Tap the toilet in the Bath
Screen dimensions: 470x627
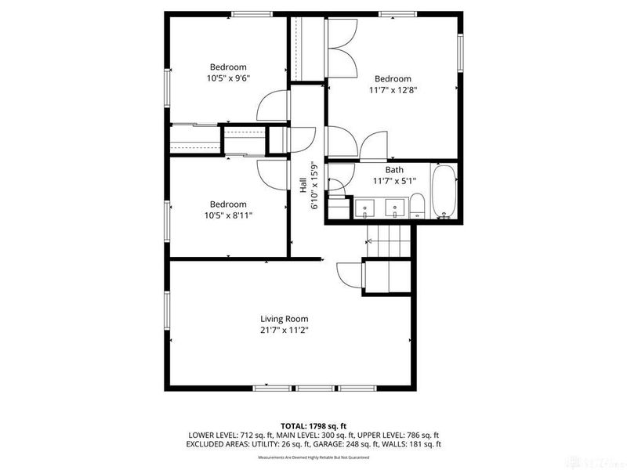(x=419, y=207)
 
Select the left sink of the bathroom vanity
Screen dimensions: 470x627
(x=367, y=208)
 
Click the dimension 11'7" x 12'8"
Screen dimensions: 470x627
(x=393, y=90)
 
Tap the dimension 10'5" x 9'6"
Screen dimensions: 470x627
(x=228, y=78)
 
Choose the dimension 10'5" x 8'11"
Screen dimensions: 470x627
(x=228, y=215)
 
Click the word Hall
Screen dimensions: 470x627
(x=303, y=185)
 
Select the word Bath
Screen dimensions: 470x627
(x=393, y=169)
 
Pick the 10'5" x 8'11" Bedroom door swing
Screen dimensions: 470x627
(x=274, y=173)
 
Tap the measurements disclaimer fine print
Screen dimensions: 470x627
(x=313, y=457)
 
